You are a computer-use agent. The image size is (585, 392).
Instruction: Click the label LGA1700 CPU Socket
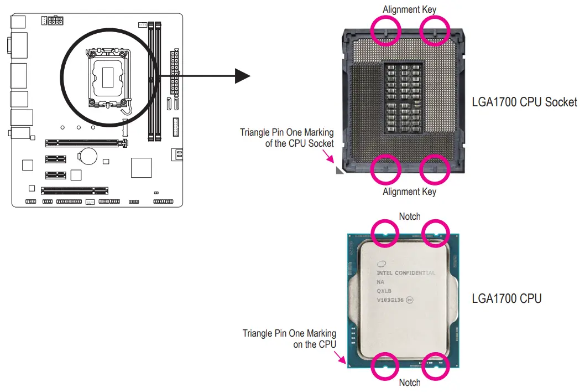pyautogui.click(x=524, y=102)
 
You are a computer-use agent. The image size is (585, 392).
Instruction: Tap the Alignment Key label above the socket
pyautogui.click(x=409, y=9)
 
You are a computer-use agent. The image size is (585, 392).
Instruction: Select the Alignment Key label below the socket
pyautogui.click(x=409, y=192)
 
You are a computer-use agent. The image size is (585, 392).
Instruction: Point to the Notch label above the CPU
pyautogui.click(x=410, y=216)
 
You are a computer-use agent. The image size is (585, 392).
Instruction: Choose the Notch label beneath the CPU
pyautogui.click(x=410, y=383)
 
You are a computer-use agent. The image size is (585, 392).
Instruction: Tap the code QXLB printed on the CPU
pyautogui.click(x=384, y=291)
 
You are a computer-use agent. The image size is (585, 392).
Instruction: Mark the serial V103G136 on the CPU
pyautogui.click(x=390, y=300)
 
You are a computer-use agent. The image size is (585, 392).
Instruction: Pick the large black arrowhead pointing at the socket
pyautogui.click(x=243, y=76)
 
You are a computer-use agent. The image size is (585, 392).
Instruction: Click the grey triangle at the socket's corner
pyautogui.click(x=339, y=171)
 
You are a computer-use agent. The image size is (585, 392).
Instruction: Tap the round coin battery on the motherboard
pyautogui.click(x=88, y=155)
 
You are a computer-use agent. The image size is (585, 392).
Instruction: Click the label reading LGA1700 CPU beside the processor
pyautogui.click(x=506, y=298)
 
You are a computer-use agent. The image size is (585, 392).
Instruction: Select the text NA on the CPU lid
pyautogui.click(x=380, y=282)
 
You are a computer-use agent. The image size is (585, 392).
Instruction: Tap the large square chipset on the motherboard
pyautogui.click(x=141, y=168)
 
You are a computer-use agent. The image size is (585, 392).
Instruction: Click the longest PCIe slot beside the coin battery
pyautogui.click(x=86, y=143)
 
